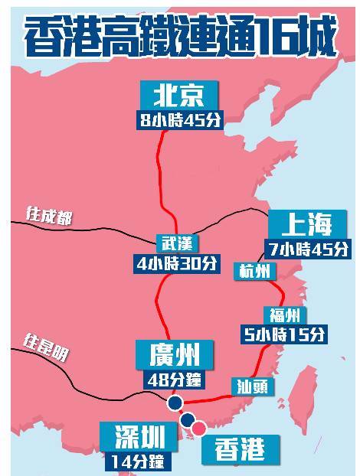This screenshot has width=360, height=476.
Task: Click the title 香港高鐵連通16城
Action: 180,36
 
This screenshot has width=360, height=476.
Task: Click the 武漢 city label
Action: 176,243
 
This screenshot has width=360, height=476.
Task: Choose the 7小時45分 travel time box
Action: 307,249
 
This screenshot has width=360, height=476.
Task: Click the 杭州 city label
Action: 254,271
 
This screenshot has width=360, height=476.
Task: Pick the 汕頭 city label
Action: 252,386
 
